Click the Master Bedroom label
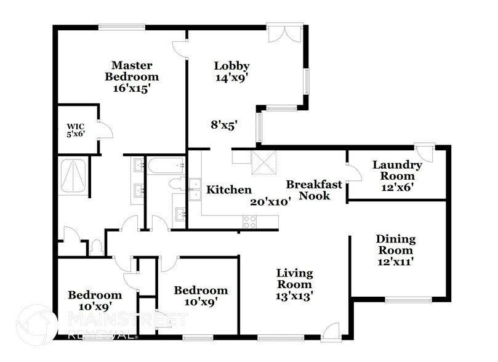(131, 71)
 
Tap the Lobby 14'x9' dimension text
(231, 78)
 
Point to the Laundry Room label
(397, 165)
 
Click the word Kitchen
(228, 190)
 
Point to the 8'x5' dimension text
(224, 124)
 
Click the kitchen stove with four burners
(249, 222)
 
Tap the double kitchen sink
(195, 189)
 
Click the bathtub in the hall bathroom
(166, 165)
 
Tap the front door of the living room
(331, 331)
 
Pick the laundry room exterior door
(424, 151)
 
